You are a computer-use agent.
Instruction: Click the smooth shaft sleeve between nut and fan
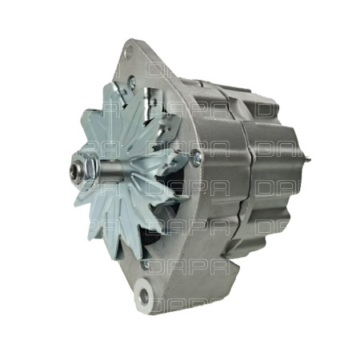(x=94, y=167)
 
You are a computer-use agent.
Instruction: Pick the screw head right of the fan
(x=196, y=157)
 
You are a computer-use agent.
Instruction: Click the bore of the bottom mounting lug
(x=144, y=297)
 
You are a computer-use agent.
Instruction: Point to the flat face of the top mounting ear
(x=144, y=60)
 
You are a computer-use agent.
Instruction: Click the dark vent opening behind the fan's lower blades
(x=160, y=232)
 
